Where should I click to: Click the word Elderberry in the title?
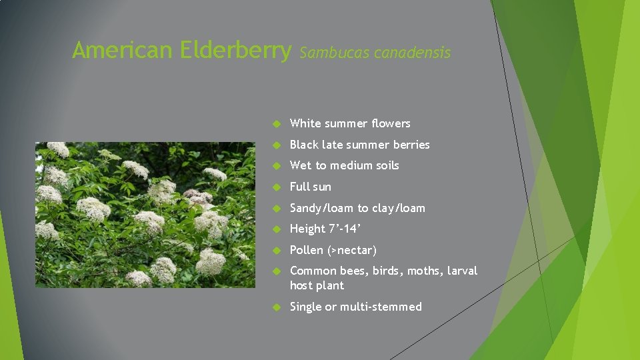pos(236,50)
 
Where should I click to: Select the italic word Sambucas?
pos(335,52)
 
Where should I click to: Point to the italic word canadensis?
pos(413,52)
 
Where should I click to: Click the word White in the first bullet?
pos(305,123)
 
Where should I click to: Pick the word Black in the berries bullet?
pos(304,145)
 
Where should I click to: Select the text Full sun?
pos(310,187)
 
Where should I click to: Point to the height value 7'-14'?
pos(346,229)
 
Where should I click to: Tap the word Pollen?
pos(307,250)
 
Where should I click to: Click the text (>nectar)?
pos(352,250)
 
